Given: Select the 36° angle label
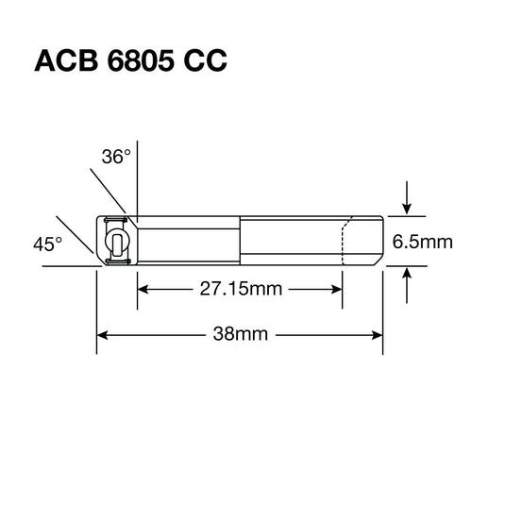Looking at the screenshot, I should pyautogui.click(x=114, y=158).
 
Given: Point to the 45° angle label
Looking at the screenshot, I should pyautogui.click(x=46, y=244).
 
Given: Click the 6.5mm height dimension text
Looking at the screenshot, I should pyautogui.click(x=422, y=242).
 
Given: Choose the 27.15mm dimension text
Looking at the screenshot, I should pyautogui.click(x=240, y=289).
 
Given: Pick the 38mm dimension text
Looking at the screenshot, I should pyautogui.click(x=241, y=333).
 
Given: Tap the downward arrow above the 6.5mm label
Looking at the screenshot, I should pyautogui.click(x=406, y=201).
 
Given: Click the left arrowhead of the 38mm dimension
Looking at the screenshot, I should pyautogui.click(x=104, y=333).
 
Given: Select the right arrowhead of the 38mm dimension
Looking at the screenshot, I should pyautogui.click(x=377, y=333).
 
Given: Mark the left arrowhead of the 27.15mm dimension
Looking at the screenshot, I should pyautogui.click(x=143, y=289).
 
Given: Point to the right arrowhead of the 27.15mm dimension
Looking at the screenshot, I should pyautogui.click(x=337, y=289).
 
